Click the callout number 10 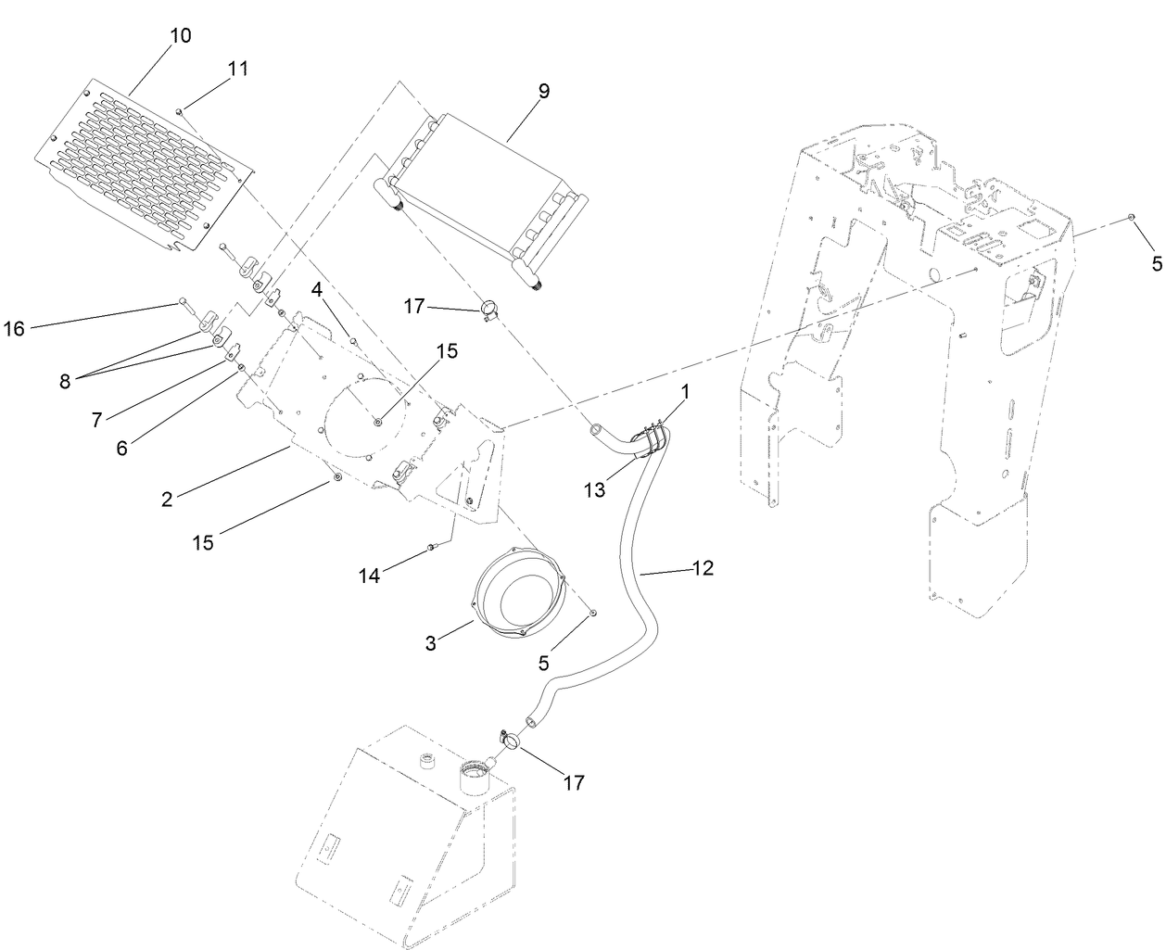click(x=181, y=36)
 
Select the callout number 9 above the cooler click(x=543, y=91)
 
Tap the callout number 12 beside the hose click(x=703, y=568)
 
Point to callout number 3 click(x=431, y=643)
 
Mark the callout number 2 click(x=167, y=499)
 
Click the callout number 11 click(x=238, y=68)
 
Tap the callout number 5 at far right click(x=1156, y=263)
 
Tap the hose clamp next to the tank click(x=507, y=740)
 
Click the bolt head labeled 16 click(x=183, y=301)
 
